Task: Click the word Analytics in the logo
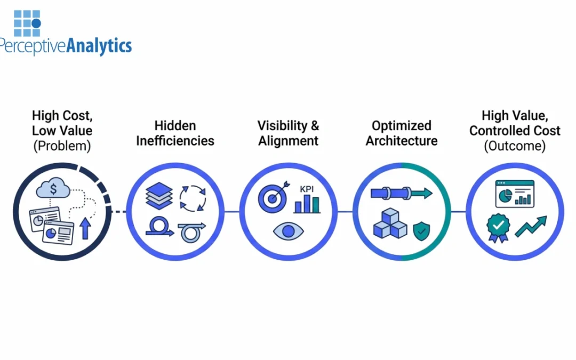point(99,46)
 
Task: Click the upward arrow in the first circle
point(85,229)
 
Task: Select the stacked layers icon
point(159,196)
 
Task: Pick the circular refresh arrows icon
point(193,198)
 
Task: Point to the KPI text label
point(307,189)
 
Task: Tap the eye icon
point(288,231)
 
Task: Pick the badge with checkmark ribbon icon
point(498,228)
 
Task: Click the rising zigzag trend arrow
point(531,226)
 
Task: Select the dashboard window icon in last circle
point(515,193)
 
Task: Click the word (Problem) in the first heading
point(62,146)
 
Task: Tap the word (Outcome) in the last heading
point(515,146)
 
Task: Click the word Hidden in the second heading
point(175,126)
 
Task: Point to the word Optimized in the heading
point(402,126)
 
